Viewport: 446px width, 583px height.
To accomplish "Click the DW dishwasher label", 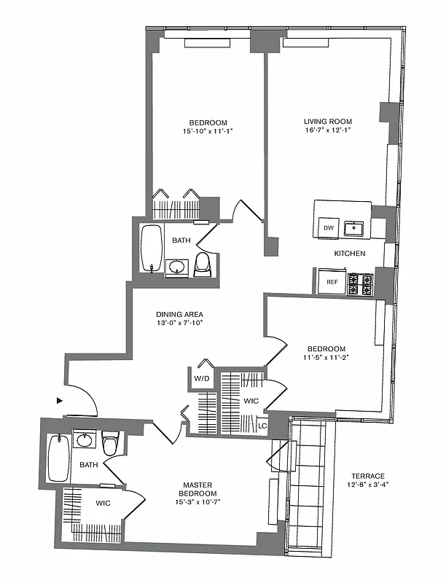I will coord(328,228).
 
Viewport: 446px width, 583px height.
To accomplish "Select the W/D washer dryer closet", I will coord(202,378).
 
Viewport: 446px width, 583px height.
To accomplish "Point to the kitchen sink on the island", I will coord(355,228).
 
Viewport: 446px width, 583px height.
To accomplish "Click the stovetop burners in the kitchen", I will coord(359,283).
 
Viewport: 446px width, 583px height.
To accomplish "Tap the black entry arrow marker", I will coord(59,400).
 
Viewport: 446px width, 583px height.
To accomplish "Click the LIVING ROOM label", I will coord(328,122).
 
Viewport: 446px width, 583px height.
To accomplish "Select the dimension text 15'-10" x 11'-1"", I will coord(208,131).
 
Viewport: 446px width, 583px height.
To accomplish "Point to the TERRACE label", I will coord(366,476).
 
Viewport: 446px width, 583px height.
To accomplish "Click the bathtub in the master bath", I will coord(58,458).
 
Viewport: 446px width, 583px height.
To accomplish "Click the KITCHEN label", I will coord(349,254).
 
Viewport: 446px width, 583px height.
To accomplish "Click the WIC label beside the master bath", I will coord(103,502).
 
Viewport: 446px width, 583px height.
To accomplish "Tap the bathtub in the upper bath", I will coord(152,248).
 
